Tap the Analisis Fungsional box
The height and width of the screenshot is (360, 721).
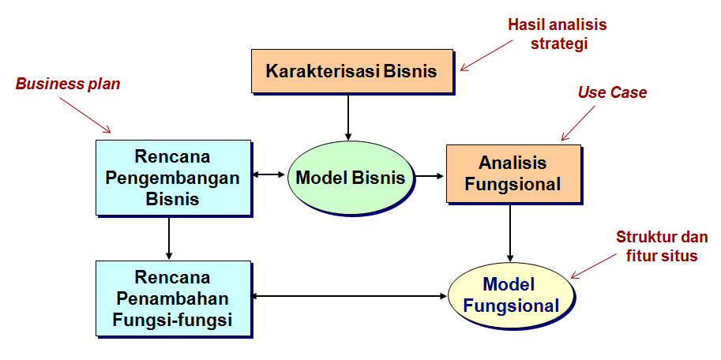(x=513, y=174)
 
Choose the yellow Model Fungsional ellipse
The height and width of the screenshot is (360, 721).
(x=511, y=295)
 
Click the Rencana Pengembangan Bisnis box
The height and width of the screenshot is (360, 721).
(x=174, y=178)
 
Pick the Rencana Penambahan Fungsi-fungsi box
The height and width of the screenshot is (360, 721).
(x=174, y=299)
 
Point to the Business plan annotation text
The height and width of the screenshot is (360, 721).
(x=68, y=84)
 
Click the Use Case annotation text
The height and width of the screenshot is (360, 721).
(x=612, y=92)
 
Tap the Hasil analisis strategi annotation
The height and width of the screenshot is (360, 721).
(x=558, y=34)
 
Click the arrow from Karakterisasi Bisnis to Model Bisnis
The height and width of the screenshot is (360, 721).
(x=348, y=117)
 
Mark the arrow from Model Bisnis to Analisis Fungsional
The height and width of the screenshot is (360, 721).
(x=430, y=175)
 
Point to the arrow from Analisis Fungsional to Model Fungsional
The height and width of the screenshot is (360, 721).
(x=509, y=233)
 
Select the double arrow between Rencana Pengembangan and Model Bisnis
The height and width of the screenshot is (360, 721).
(x=269, y=174)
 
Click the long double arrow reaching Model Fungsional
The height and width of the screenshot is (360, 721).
(x=350, y=297)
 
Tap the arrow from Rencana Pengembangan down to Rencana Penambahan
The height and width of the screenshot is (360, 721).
(x=169, y=238)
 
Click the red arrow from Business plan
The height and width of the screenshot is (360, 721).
(x=85, y=115)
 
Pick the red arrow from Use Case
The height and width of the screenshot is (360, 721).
(x=578, y=122)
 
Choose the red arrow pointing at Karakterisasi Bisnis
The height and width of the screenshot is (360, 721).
(x=486, y=55)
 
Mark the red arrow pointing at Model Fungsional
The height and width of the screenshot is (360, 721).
(x=594, y=266)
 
